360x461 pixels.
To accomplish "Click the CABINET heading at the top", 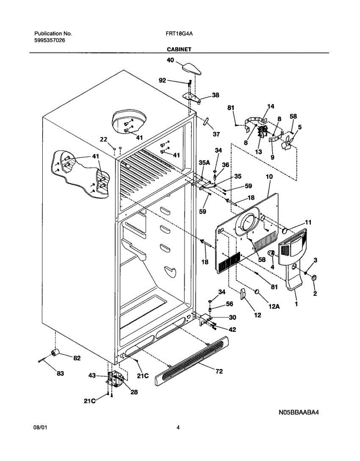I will coord(179,50).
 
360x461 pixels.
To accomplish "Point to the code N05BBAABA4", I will coord(299,413).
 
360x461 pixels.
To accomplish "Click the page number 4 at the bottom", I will coord(178,427).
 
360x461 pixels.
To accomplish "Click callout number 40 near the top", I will coord(170,60).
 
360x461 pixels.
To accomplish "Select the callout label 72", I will coord(219,371).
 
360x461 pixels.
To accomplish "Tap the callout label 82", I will coord(77,358).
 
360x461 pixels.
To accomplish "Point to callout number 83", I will coord(60,373).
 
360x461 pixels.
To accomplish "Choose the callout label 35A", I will coord(204,163).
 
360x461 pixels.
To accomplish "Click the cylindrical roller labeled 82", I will coord(55,353).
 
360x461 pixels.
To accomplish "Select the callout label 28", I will coord(134,392).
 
